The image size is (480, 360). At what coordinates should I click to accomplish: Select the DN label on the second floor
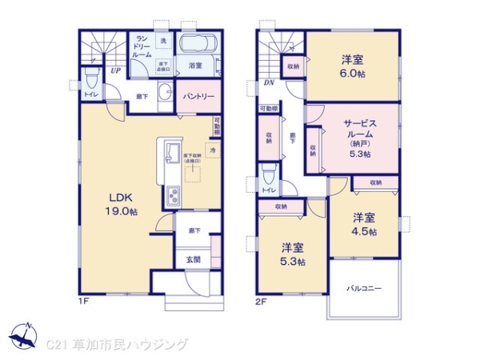pyautogui.click(x=269, y=81)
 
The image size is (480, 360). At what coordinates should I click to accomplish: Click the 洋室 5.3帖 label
pyautogui.click(x=292, y=253)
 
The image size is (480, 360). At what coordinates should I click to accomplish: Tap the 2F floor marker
pyautogui.click(x=260, y=302)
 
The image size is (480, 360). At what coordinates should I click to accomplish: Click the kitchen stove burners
pyautogui.click(x=173, y=195)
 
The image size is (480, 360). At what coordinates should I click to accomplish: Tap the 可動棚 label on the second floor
pyautogui.click(x=269, y=108)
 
